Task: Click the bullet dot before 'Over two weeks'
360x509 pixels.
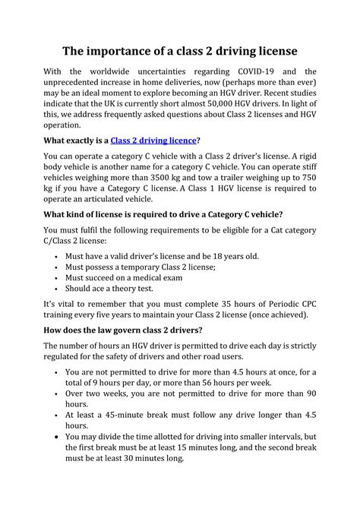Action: click(x=58, y=394)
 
